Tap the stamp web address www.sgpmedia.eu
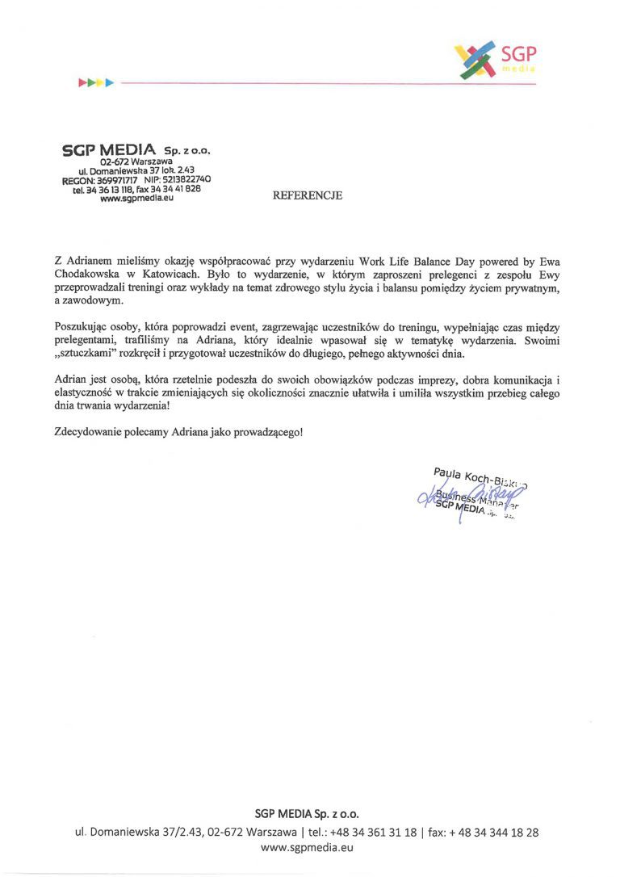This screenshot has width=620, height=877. [x=132, y=198]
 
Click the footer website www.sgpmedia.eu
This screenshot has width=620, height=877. [x=308, y=847]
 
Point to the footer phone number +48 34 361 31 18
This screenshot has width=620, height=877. [x=381, y=832]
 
